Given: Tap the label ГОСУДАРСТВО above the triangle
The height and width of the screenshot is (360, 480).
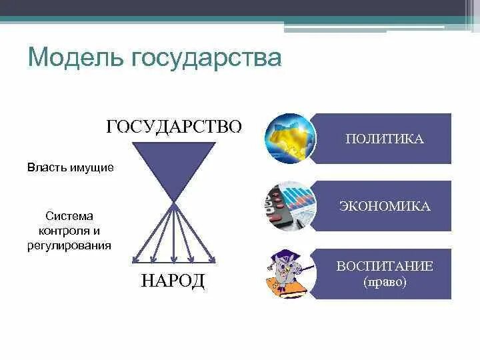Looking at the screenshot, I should click(174, 127).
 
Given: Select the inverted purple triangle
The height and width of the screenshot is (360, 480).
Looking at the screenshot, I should click(174, 163).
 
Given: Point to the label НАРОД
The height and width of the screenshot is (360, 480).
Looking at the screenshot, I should click(173, 281).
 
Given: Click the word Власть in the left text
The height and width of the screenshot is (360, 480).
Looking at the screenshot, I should click(47, 167).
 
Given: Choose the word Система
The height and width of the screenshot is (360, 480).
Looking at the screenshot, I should click(69, 217).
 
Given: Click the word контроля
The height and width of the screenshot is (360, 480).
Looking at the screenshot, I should click(64, 231).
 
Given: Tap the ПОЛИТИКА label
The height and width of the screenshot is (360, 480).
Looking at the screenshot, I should click(385, 139).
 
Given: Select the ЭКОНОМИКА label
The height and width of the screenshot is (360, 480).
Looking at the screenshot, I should click(385, 206).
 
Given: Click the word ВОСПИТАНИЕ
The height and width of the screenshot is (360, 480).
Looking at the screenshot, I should click(385, 266).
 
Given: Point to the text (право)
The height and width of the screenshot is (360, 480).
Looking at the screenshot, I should click(385, 281).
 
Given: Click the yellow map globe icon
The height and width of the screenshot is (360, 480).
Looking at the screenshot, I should click(289, 139).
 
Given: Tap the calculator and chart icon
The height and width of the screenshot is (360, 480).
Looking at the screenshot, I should click(289, 206).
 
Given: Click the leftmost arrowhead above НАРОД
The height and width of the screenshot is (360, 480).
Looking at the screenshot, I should click(135, 260).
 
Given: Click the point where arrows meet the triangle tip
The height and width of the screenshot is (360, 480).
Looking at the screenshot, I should click(173, 201).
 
